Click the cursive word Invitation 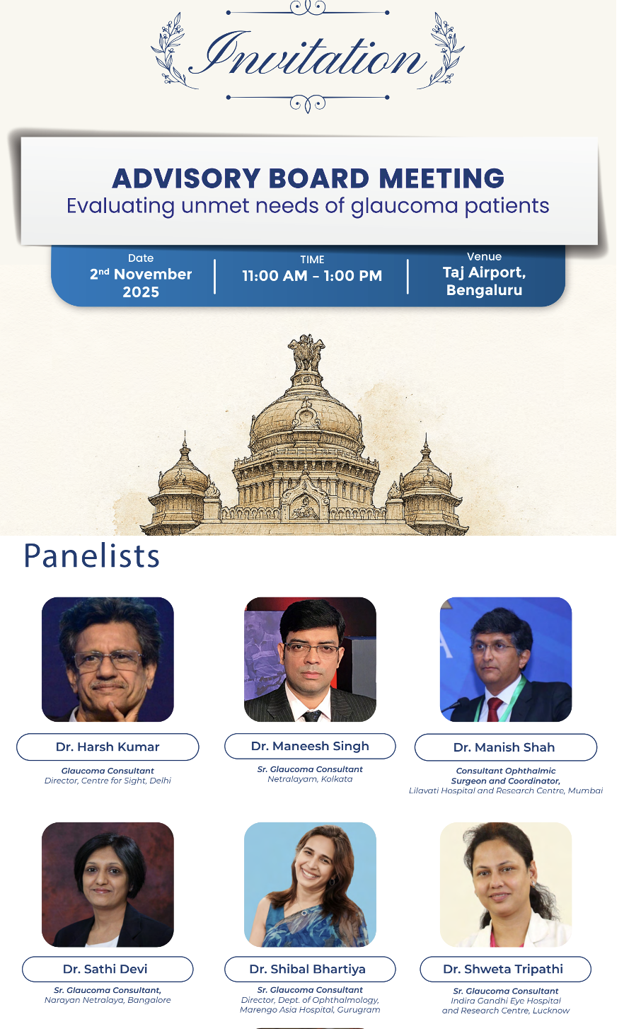click(308, 54)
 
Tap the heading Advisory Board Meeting click(308, 178)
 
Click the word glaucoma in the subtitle click(405, 206)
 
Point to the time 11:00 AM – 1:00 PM click(312, 275)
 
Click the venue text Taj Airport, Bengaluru click(484, 281)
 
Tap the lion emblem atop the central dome click(306, 353)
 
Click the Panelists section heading click(91, 556)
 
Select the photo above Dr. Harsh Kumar click(108, 659)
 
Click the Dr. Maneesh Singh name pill click(310, 746)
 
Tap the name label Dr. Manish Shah click(506, 747)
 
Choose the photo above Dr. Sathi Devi click(108, 885)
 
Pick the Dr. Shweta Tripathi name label click(506, 969)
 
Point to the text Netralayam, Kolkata click(310, 779)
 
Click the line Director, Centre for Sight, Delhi click(108, 781)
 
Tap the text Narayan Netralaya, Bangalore click(108, 1000)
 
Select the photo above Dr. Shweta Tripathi click(506, 885)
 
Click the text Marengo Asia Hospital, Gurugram click(310, 1010)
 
